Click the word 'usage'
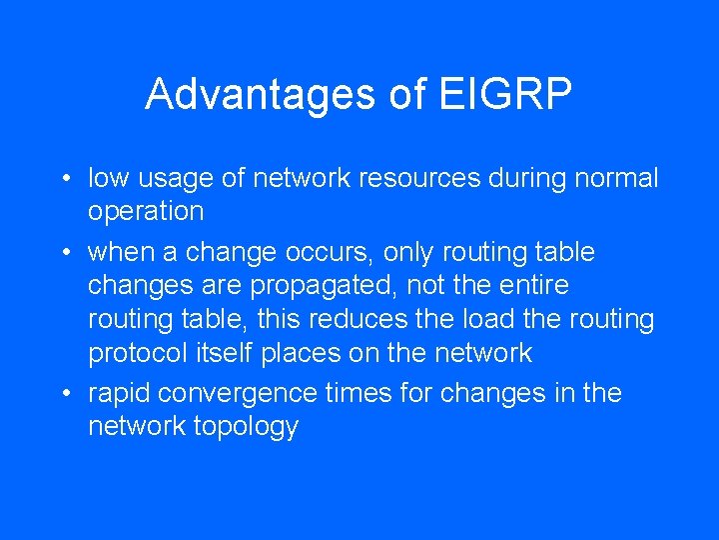tap(176, 179)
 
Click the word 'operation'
tap(146, 212)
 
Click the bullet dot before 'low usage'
tap(64, 180)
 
